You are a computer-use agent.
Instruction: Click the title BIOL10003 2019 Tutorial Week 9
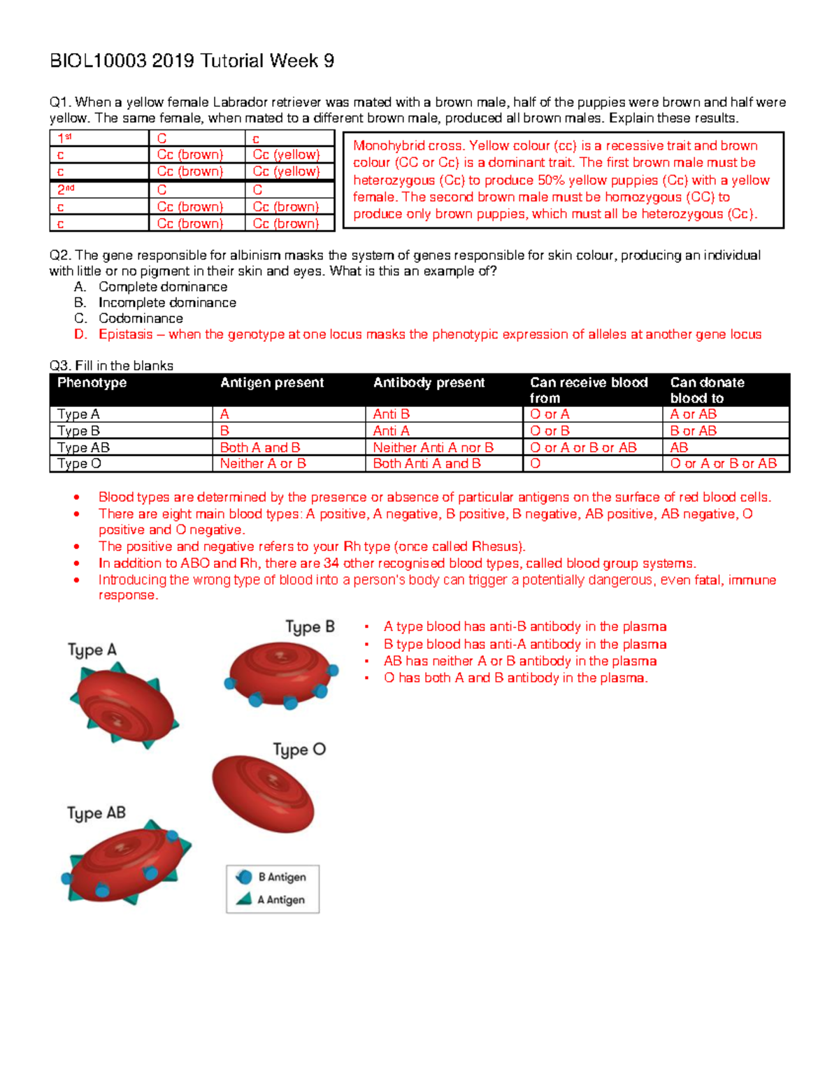192,62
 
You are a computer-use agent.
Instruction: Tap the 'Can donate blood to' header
707,390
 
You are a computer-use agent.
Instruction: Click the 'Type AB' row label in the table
83,448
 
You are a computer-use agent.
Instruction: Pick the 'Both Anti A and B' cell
426,464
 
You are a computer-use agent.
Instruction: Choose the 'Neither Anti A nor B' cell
433,448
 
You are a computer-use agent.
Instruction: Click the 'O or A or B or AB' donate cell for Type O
723,464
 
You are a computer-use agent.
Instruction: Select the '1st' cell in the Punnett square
64,138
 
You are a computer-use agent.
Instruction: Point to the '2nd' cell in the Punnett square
66,190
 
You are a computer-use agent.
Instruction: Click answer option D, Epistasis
429,334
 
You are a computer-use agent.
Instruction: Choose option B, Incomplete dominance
166,303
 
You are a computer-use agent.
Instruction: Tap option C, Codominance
140,318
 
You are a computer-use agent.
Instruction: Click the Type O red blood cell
263,794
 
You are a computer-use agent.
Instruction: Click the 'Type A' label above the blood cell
92,650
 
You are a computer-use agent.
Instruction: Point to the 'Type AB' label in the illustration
96,813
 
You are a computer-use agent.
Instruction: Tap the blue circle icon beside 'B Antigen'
244,877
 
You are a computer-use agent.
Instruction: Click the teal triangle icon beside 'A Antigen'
244,899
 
